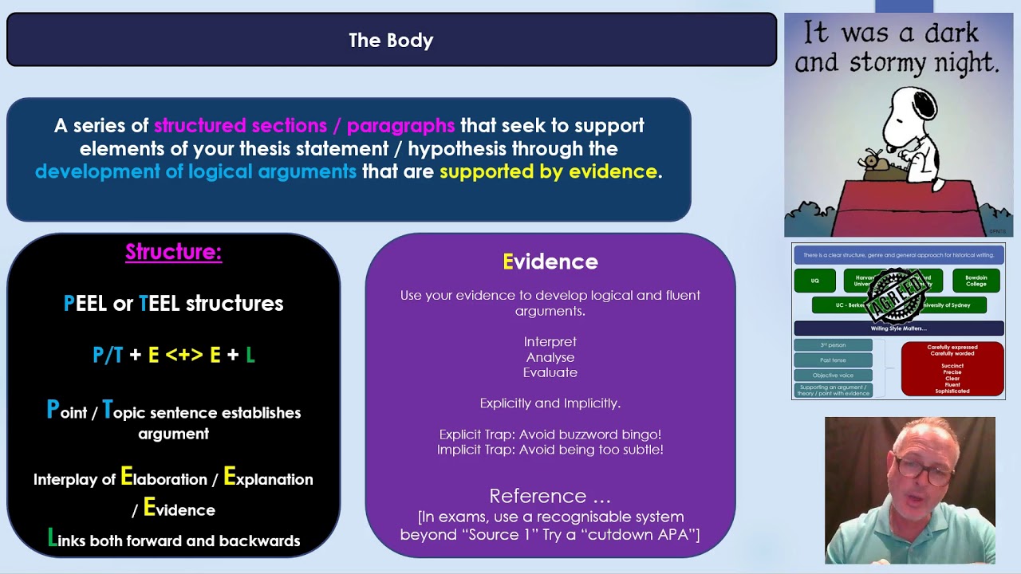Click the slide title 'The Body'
tap(391, 40)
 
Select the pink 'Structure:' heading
tap(173, 252)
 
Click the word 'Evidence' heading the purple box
tap(550, 261)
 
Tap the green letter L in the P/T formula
tap(250, 355)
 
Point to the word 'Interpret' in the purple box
tap(550, 341)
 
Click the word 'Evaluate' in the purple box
tap(550, 372)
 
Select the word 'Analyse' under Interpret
tap(550, 357)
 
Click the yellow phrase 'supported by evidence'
tap(548, 171)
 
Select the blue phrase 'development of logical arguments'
tap(195, 171)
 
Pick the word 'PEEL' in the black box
tap(85, 303)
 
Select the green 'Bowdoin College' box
tap(976, 281)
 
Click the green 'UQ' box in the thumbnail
tap(814, 281)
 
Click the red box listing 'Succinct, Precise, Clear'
tap(952, 369)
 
